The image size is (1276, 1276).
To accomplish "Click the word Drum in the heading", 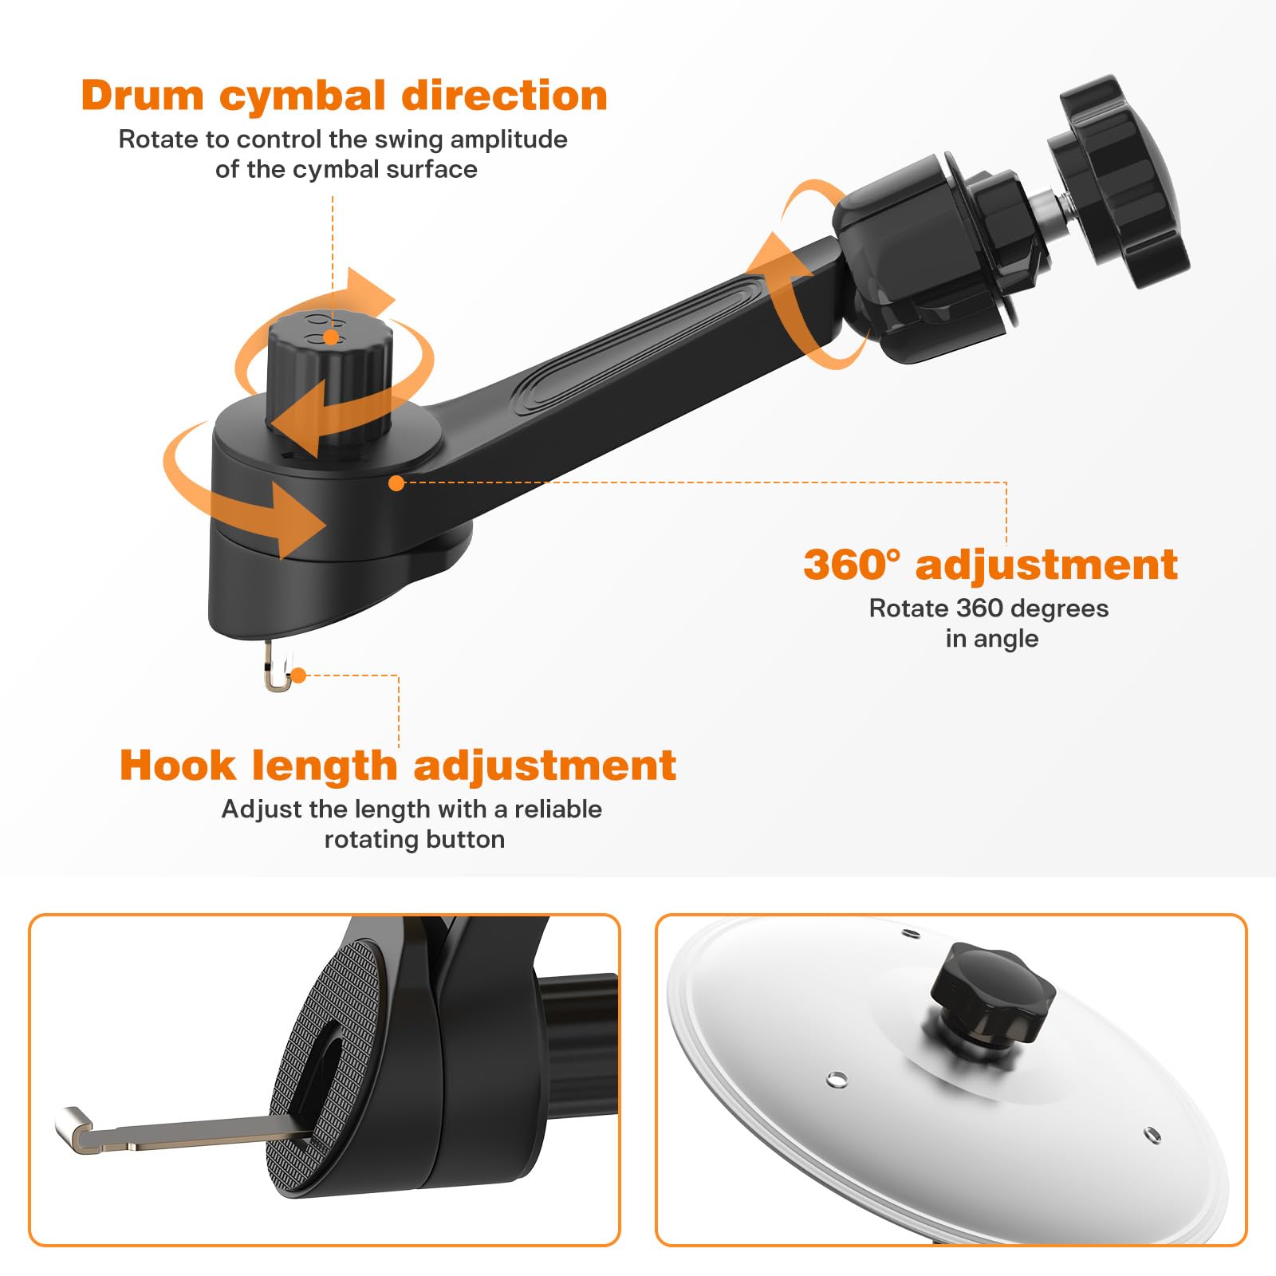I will tap(143, 96).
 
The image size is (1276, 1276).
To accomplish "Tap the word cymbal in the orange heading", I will tap(302, 96).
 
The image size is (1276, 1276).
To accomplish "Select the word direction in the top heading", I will tap(504, 96).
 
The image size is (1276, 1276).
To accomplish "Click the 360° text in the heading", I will tap(851, 565).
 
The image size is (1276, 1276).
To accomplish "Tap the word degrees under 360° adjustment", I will tap(1059, 608).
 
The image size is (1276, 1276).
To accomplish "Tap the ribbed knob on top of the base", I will tap(329, 375).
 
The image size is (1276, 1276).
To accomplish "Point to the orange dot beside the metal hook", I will tap(298, 675).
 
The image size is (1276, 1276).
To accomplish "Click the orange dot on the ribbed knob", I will tap(330, 338).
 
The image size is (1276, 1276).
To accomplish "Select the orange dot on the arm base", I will tap(396, 482).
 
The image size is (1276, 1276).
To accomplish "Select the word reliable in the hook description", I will tap(557, 809).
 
